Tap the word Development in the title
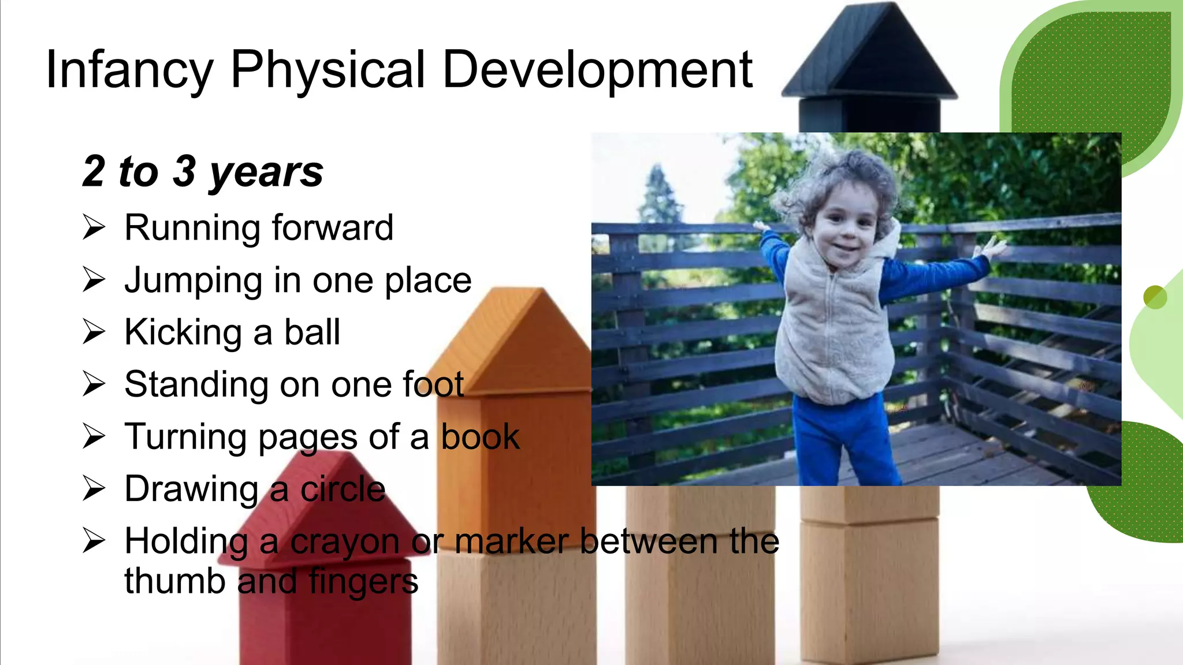click(597, 70)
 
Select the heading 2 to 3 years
click(203, 171)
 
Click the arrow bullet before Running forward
click(94, 227)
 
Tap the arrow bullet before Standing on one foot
click(94, 384)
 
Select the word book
click(480, 436)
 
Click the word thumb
click(174, 581)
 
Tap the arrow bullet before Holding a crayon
click(94, 540)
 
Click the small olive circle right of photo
click(1155, 297)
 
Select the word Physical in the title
click(328, 70)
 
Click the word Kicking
click(183, 333)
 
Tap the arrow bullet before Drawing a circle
click(94, 488)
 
